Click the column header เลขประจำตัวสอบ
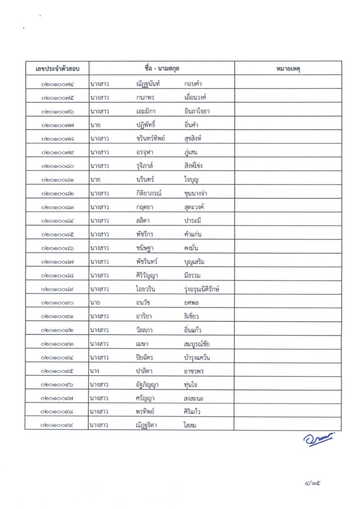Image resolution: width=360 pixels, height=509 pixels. pyautogui.click(x=58, y=68)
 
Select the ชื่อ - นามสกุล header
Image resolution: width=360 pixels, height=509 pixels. pyautogui.click(x=162, y=68)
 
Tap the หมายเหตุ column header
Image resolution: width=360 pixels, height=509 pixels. pyautogui.click(x=288, y=68)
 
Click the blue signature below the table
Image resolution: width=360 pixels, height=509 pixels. pyautogui.click(x=319, y=439)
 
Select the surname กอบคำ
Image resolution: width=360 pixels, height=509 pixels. pyautogui.click(x=193, y=84)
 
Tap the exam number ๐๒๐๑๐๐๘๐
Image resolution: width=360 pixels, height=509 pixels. pyautogui.click(x=58, y=166)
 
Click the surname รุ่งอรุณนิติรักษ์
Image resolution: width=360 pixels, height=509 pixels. pyautogui.click(x=201, y=289)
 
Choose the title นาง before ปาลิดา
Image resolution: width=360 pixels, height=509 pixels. pyautogui.click(x=94, y=371)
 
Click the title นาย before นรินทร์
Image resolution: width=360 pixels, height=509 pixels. pyautogui.click(x=94, y=179)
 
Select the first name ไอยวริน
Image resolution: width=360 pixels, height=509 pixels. pyautogui.click(x=147, y=289)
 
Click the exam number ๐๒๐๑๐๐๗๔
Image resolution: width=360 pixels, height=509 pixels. pyautogui.click(x=58, y=84)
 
